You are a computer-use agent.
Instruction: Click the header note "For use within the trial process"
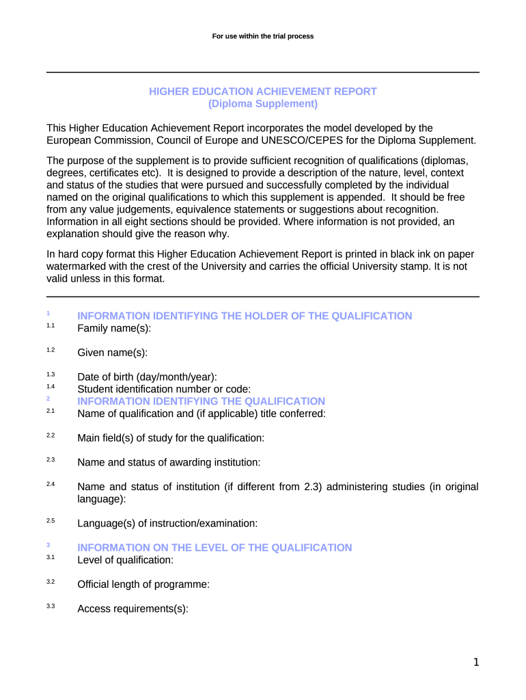point(263,36)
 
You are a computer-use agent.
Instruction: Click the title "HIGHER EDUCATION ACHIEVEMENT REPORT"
point(263,92)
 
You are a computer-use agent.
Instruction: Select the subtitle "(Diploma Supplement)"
point(263,104)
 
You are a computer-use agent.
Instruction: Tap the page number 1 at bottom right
point(476,662)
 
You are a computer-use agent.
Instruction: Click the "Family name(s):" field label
point(114,328)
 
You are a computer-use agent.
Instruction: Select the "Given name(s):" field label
point(113,353)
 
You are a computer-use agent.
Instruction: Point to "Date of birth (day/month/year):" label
point(148,377)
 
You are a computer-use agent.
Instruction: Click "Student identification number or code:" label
point(159,390)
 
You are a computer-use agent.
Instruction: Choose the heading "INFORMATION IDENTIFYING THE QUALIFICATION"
point(202,401)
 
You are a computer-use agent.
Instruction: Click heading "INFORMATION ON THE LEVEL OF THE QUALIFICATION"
point(214,548)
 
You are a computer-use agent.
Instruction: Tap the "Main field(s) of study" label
point(171,437)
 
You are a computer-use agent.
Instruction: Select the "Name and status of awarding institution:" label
point(169,462)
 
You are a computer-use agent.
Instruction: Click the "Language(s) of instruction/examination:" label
point(167,524)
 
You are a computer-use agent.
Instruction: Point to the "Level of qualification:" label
point(126,560)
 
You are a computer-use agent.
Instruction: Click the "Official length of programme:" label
point(143,584)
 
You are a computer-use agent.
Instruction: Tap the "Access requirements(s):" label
point(133,609)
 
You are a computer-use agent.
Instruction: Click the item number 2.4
point(51,484)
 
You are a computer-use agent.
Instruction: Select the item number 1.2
point(51,350)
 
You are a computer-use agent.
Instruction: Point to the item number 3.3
point(51,606)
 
